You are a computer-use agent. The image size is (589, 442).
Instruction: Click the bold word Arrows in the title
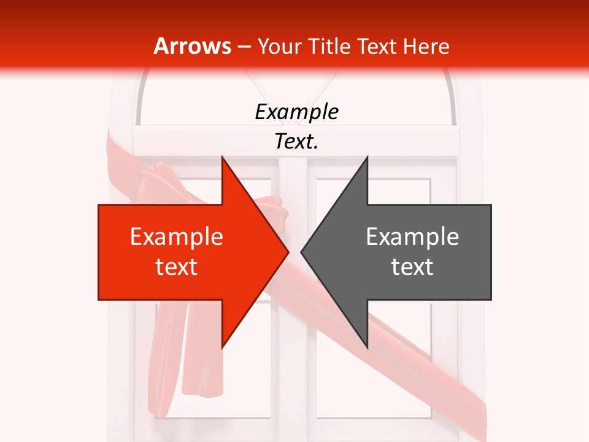click(193, 46)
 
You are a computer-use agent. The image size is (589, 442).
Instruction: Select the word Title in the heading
click(329, 46)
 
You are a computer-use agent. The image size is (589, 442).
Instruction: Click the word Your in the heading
click(279, 46)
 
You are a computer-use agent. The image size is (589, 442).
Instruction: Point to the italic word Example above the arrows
click(296, 112)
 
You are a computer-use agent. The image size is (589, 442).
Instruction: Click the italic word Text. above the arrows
click(296, 141)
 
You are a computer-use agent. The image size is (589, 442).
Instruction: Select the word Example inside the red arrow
click(177, 236)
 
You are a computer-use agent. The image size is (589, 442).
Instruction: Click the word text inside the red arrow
click(177, 267)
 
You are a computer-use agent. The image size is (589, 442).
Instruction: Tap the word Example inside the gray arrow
click(412, 236)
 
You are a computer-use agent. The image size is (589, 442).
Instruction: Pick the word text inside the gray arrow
click(412, 267)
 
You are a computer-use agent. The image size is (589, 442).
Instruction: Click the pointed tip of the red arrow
click(288, 252)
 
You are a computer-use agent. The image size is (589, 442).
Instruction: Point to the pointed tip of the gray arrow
click(301, 252)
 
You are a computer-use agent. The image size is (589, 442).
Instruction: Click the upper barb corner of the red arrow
click(222, 157)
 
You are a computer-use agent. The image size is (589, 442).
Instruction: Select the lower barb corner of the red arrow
click(222, 348)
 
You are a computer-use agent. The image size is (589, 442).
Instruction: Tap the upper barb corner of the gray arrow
click(367, 157)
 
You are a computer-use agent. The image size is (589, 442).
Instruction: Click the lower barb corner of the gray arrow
click(367, 348)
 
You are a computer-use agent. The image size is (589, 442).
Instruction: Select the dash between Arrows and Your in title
click(244, 47)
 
